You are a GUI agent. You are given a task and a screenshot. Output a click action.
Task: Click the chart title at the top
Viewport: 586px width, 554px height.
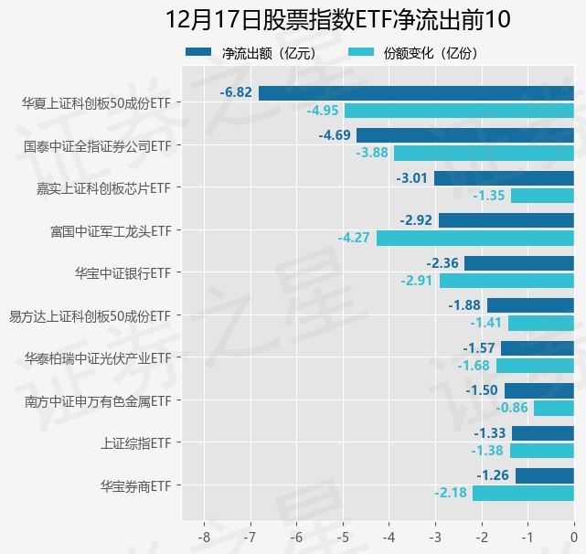337,19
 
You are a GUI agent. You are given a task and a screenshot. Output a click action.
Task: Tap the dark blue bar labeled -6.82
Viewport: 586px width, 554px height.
416,92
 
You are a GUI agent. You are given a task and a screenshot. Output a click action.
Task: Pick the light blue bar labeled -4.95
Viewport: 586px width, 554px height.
459,111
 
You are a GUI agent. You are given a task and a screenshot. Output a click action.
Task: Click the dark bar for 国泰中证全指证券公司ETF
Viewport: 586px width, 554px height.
465,135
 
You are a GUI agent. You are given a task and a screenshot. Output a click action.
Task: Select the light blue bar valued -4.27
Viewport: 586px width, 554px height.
474,238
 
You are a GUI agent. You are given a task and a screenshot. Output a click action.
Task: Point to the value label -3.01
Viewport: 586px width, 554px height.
412,177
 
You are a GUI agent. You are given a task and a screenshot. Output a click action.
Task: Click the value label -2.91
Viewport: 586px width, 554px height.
416,281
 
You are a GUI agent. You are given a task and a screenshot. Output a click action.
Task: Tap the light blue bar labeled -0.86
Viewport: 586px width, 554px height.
553,408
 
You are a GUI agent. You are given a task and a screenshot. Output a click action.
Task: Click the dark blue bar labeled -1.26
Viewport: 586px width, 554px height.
544,475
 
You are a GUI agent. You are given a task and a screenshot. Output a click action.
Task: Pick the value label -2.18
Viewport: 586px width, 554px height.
451,493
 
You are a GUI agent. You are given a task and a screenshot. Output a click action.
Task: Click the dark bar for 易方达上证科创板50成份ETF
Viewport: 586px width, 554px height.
530,305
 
